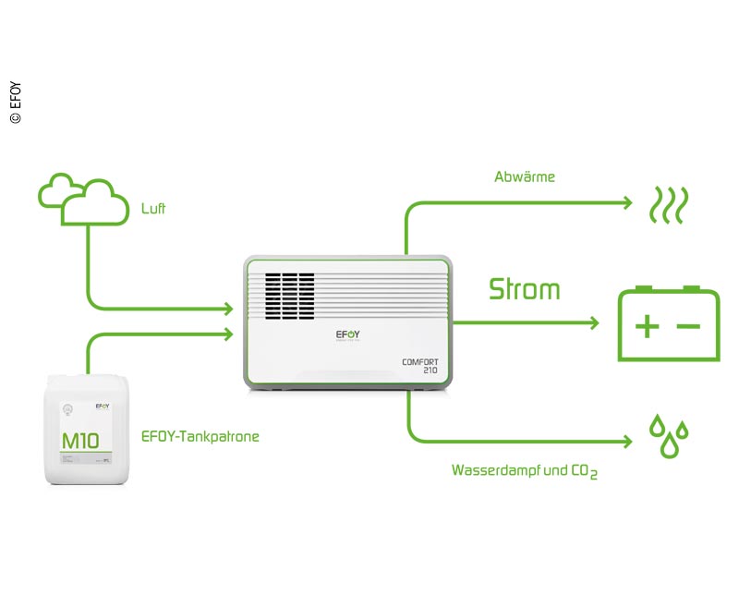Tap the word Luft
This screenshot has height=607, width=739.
pos(153,209)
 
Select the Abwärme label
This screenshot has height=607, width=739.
pos(525,176)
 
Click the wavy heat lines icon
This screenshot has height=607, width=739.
pos(665,205)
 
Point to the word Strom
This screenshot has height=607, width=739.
pos(524,289)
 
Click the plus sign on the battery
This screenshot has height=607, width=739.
pos(648,326)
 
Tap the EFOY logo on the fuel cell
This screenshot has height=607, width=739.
pos(348,336)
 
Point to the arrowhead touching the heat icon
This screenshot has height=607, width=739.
pos(628,201)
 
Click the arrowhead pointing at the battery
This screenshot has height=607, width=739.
pos(596,322)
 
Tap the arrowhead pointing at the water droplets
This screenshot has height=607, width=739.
pos(628,442)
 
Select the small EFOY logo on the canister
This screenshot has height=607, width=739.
pos(103,406)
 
